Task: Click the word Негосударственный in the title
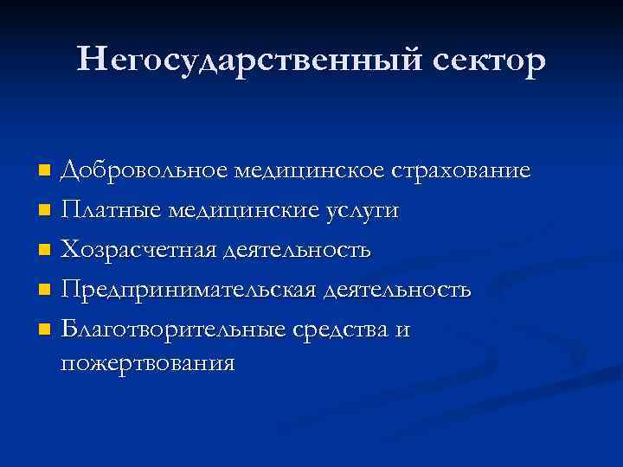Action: [224, 60]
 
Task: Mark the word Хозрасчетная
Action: [138, 250]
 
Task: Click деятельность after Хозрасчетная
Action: [298, 250]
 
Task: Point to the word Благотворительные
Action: [163, 329]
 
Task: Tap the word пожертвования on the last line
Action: [147, 362]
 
